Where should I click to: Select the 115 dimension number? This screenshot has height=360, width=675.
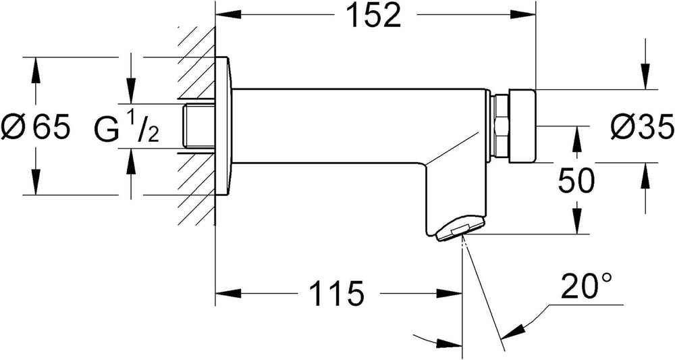point(337,294)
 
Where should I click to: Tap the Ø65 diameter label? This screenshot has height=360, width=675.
point(35,126)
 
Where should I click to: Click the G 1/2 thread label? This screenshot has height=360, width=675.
point(126,128)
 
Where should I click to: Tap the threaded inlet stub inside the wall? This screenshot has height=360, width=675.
point(198,126)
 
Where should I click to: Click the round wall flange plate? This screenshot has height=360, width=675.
point(223,126)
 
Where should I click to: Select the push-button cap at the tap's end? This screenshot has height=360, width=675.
point(522,126)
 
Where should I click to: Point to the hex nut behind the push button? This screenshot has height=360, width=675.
point(500,126)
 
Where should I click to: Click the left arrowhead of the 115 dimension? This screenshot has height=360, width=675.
point(227,294)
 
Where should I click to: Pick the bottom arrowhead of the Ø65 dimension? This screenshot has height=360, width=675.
point(35,183)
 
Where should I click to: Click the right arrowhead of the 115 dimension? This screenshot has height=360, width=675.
point(450,294)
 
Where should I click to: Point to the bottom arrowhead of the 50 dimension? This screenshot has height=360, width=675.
point(576,222)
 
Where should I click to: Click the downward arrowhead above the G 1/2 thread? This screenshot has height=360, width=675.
point(131,92)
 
